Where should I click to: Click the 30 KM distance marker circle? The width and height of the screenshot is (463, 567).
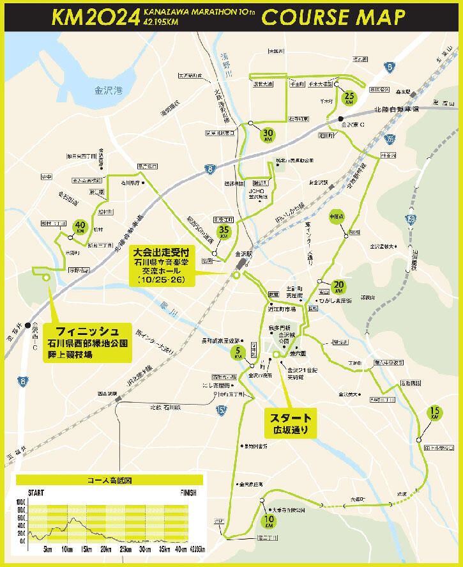coord(268,134)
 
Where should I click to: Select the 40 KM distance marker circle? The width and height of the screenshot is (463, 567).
coord(80,226)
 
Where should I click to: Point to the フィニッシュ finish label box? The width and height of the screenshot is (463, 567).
coord(91,341)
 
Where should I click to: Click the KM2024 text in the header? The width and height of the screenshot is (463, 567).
coord(96,18)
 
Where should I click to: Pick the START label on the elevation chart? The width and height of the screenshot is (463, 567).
coord(36,493)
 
